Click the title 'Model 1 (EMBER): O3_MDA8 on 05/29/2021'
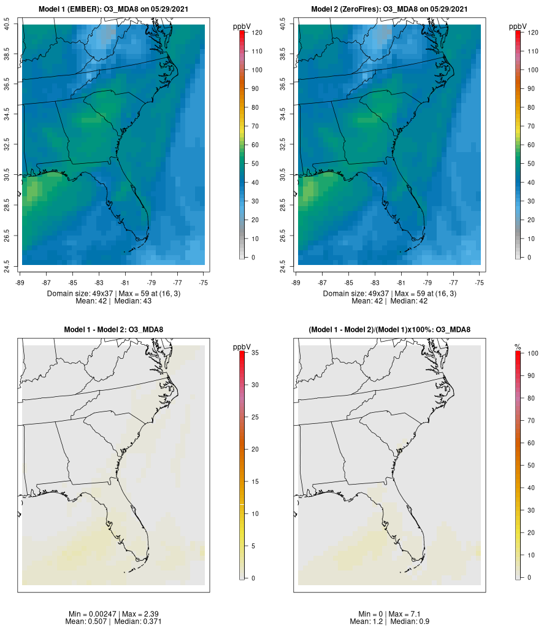coord(113,9)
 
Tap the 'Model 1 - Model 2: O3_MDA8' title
coord(113,330)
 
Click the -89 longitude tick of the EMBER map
coord(22,283)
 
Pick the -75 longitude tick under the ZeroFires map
coord(480,283)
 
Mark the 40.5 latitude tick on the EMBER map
coord(7,25)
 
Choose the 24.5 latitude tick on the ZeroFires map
coord(283,265)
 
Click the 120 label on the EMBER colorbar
coord(257,33)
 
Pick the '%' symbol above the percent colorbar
coord(518,347)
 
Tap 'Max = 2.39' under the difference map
coord(147,614)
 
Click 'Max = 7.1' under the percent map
coord(404,614)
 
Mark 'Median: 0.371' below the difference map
coord(137,621)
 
